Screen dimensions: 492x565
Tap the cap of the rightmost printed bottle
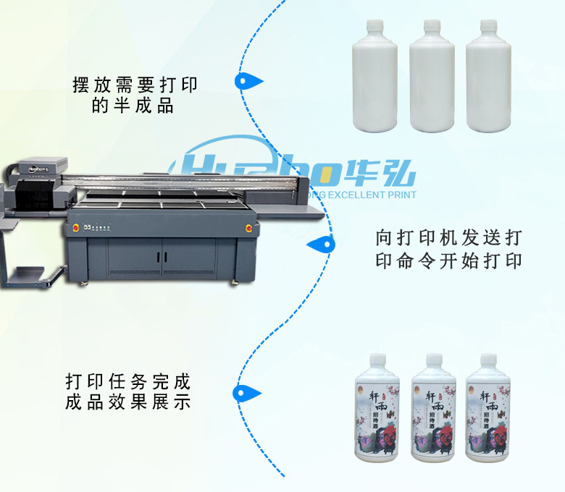click(489, 359)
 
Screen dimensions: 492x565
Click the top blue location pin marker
click(248, 81)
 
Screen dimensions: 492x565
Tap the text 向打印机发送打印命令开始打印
click(449, 249)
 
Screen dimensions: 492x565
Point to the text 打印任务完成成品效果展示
click(128, 391)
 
